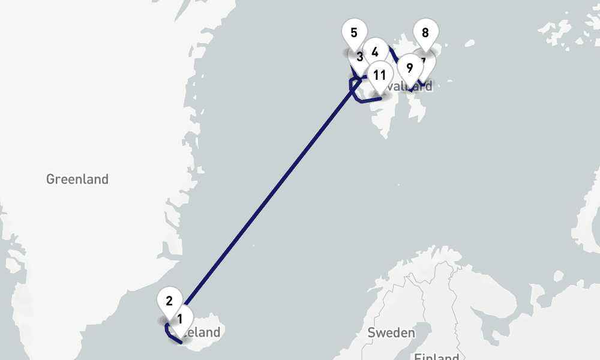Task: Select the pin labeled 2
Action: (x=169, y=300)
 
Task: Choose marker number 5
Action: (x=353, y=32)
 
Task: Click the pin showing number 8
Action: (x=425, y=32)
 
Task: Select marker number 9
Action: (x=409, y=67)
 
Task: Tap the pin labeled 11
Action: (x=379, y=74)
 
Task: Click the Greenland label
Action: (x=77, y=179)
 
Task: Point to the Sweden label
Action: (x=391, y=332)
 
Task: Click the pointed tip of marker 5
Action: (x=353, y=52)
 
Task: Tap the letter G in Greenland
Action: (x=50, y=179)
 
